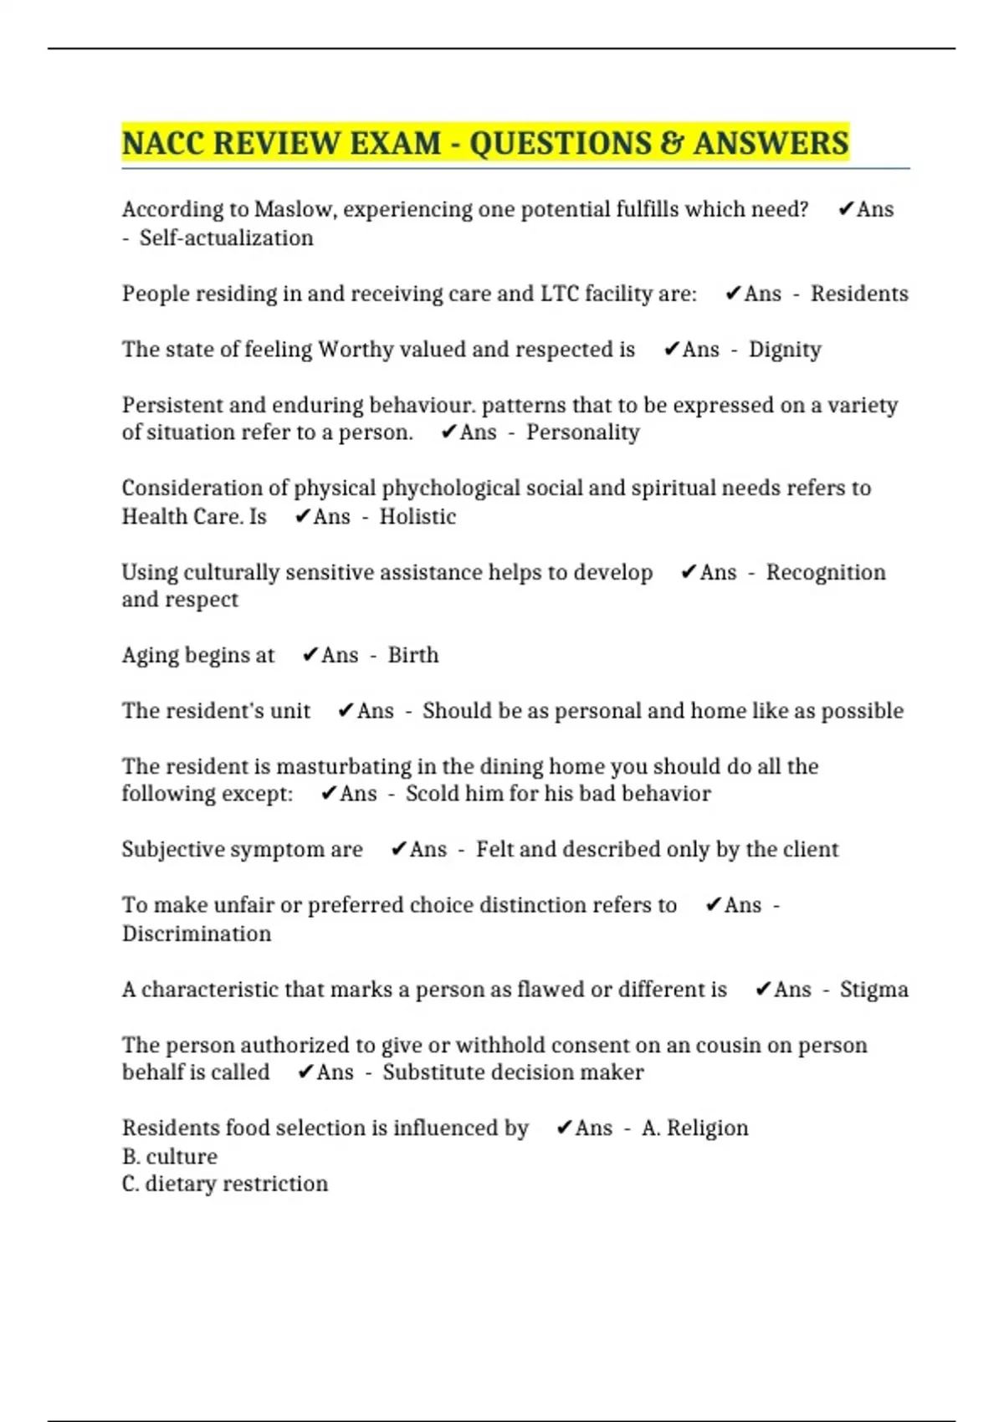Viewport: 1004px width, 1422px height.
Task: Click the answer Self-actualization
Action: point(226,238)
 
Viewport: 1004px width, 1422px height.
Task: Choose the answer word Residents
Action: point(859,294)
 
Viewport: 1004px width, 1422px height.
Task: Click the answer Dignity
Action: point(785,350)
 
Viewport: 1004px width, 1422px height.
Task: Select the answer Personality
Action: point(582,432)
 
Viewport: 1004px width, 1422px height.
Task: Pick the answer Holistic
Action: point(417,517)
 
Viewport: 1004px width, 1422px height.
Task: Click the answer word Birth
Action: point(412,655)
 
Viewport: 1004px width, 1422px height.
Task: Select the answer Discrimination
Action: point(197,934)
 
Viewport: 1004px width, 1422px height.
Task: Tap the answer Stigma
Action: point(873,990)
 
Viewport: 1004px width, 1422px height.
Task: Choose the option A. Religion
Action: point(694,1128)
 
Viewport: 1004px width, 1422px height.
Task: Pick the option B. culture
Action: point(170,1157)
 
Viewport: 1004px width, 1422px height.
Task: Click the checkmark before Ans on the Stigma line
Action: point(762,990)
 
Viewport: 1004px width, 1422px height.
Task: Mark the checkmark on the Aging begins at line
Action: point(310,655)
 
